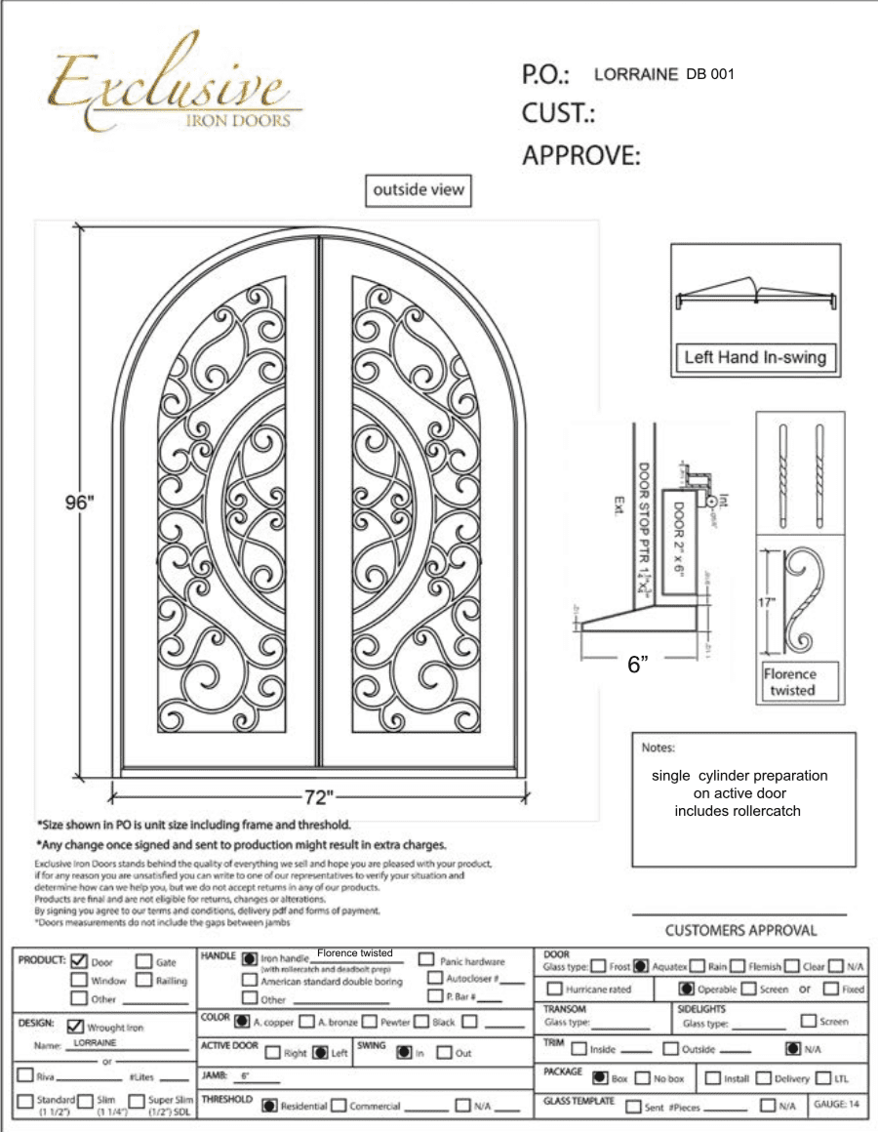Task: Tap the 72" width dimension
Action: pyautogui.click(x=316, y=791)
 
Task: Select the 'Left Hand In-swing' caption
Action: pyautogui.click(x=754, y=357)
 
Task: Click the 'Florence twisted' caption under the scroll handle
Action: pyautogui.click(x=790, y=682)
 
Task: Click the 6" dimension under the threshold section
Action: pyautogui.click(x=638, y=666)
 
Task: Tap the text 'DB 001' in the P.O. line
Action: pyautogui.click(x=710, y=74)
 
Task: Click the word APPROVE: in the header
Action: pyautogui.click(x=581, y=156)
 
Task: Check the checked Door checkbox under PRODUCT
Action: pyautogui.click(x=80, y=961)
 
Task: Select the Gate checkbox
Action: pyautogui.click(x=143, y=961)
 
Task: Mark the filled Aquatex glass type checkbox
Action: pyautogui.click(x=641, y=966)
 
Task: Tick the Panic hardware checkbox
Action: pyautogui.click(x=426, y=960)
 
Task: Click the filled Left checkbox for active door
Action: pyautogui.click(x=319, y=1053)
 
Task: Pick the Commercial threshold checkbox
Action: pyautogui.click(x=339, y=1106)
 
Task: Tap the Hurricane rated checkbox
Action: pyautogui.click(x=554, y=989)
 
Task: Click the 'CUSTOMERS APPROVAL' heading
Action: pyautogui.click(x=740, y=930)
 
